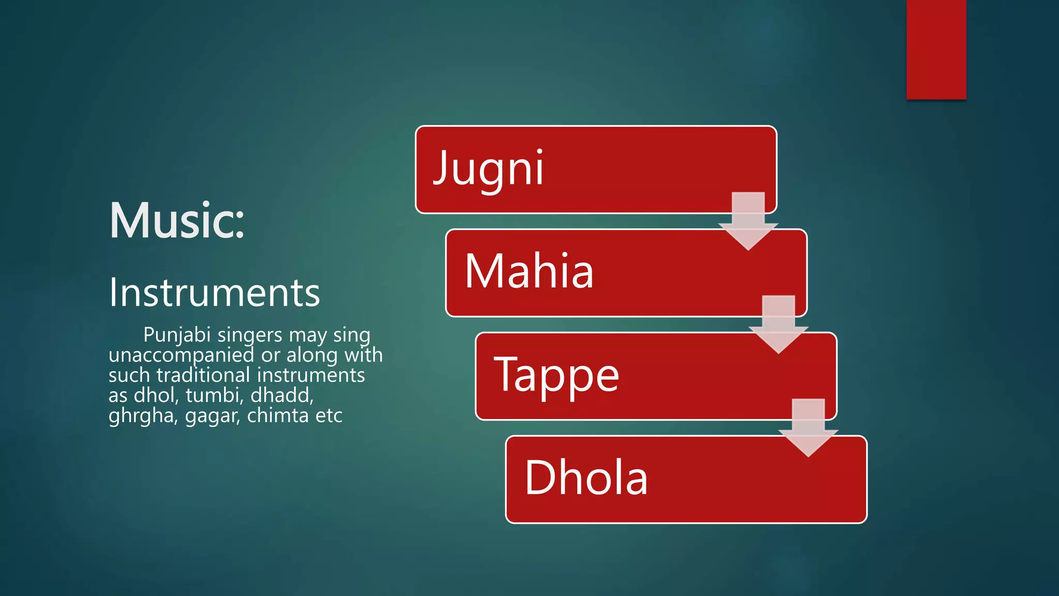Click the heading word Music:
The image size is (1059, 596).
point(177,220)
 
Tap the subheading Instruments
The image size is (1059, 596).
point(214,293)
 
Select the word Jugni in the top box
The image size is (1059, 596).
point(488,168)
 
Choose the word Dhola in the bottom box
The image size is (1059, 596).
point(586,478)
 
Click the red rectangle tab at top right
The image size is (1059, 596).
point(936,49)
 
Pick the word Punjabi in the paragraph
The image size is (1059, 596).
point(177,335)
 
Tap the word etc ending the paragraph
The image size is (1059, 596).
point(328,415)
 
